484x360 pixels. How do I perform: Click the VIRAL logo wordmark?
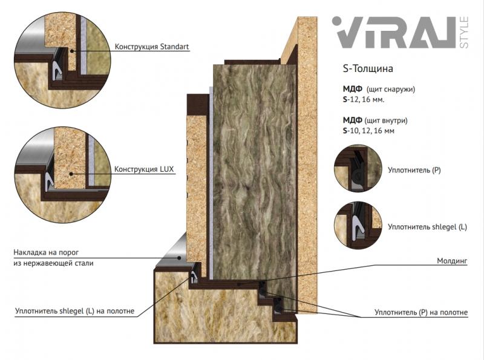(x=394, y=33)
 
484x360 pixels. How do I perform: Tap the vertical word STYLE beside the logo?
(x=464, y=33)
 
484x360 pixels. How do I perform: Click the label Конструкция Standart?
(x=152, y=47)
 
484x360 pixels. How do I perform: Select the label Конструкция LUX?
(x=144, y=169)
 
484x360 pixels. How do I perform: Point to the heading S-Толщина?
(x=368, y=68)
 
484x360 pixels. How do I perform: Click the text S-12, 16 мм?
(x=364, y=100)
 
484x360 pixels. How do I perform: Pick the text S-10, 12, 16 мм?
(x=368, y=131)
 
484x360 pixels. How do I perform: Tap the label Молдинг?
(x=452, y=261)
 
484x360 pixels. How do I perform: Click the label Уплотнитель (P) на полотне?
(x=421, y=312)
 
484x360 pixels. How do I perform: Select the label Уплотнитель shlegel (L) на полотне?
(x=74, y=311)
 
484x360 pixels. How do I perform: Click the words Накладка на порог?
(x=46, y=252)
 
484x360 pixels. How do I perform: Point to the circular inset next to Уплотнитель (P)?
(x=358, y=168)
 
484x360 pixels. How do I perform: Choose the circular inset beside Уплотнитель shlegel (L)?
(x=358, y=225)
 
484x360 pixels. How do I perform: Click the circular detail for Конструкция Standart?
(x=63, y=61)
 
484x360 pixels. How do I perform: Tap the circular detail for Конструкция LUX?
(x=63, y=174)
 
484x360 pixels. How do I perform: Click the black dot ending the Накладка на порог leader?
(x=178, y=258)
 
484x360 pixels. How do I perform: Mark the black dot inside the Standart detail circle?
(x=71, y=51)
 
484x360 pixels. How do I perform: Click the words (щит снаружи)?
(x=391, y=89)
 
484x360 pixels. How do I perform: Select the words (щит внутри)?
(x=386, y=120)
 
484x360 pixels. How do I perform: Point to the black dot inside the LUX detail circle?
(x=71, y=174)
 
